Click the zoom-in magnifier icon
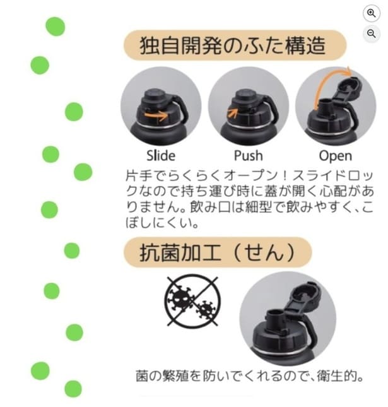tap(371, 13)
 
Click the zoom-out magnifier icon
tap(371, 33)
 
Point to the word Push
tap(248, 155)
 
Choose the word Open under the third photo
tap(335, 155)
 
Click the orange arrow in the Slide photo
tap(156, 115)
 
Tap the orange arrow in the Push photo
tap(233, 113)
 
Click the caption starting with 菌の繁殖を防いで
tap(249, 377)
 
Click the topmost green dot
tap(56, 27)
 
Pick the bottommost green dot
tap(73, 389)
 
